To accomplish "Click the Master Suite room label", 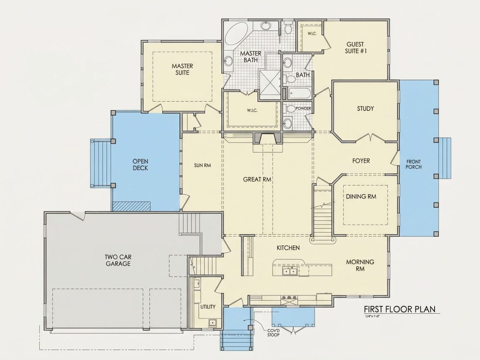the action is point(182,69).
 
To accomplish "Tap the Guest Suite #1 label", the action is point(355,48).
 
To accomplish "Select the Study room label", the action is point(365,108).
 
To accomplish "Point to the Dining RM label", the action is point(361,196).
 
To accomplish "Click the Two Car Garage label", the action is point(118,261).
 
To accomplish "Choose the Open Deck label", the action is point(140,165).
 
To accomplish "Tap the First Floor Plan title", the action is point(399,309).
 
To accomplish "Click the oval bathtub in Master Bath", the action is point(237,35).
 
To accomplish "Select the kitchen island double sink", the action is point(289,271).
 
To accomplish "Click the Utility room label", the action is point(208,307).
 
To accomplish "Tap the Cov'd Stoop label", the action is point(274,333).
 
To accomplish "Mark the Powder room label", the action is point(303,109).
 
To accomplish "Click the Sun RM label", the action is point(202,165).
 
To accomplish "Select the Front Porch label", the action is point(414,165).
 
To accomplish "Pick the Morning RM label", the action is point(360,265).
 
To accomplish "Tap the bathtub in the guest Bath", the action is point(300,93).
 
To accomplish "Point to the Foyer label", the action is point(361,161).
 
